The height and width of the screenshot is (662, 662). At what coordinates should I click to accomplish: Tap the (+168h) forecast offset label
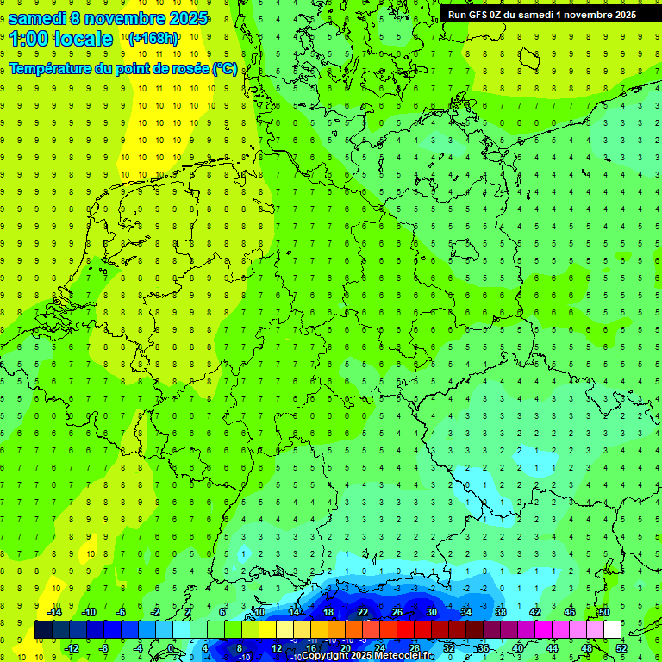point(153,39)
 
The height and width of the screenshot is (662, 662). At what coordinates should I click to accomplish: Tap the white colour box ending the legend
point(613,630)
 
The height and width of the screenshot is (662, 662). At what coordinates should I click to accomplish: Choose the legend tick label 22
point(363,612)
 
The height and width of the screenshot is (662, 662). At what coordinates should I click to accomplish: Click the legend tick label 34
point(466,612)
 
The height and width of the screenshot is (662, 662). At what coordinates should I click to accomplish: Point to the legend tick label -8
point(104,648)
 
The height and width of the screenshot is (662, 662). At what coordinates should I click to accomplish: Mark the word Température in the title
point(51,69)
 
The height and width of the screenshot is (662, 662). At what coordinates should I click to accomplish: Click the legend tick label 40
point(518,648)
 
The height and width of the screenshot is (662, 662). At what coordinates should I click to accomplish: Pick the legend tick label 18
point(328,612)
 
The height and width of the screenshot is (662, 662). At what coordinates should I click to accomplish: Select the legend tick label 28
point(415,648)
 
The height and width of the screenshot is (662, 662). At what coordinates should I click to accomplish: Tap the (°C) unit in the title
point(225,69)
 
